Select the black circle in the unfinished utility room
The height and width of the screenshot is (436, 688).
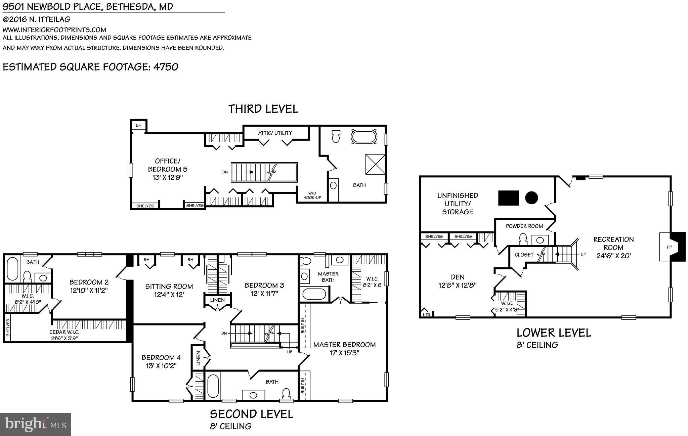click(x=531, y=198)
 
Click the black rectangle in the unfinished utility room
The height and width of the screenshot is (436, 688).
click(x=508, y=198)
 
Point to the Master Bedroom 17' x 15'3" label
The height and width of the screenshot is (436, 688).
click(x=344, y=349)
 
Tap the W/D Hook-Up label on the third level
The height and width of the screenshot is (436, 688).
click(x=312, y=195)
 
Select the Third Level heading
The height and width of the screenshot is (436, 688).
click(x=263, y=109)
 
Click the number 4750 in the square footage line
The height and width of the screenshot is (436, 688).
click(x=166, y=67)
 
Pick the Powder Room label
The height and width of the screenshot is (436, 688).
click(x=524, y=226)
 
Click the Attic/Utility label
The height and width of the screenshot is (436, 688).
click(x=275, y=133)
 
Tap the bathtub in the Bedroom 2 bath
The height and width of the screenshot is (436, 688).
click(x=12, y=269)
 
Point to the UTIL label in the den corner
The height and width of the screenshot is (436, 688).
click(x=426, y=315)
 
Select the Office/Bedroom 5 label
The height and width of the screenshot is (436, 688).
click(x=168, y=169)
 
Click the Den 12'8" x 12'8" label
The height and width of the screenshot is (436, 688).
click(x=458, y=281)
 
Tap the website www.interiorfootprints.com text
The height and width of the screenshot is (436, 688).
click(x=54, y=30)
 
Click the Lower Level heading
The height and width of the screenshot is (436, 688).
click(x=554, y=333)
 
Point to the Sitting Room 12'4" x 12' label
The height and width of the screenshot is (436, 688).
click(x=169, y=290)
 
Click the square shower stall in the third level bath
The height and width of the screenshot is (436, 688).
click(x=375, y=164)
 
